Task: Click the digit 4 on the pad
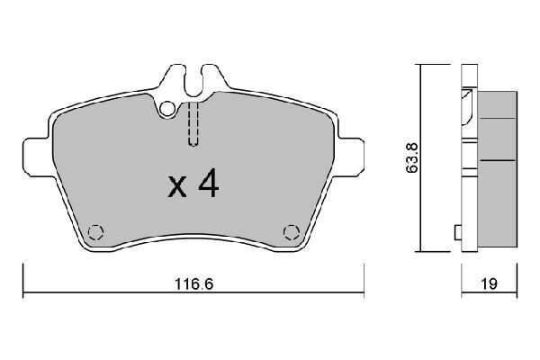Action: pyautogui.click(x=207, y=184)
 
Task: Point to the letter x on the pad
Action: pyautogui.click(x=178, y=188)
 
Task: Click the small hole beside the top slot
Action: pyautogui.click(x=167, y=110)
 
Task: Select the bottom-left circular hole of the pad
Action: pyautogui.click(x=98, y=230)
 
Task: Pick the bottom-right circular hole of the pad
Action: pyautogui.click(x=290, y=231)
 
